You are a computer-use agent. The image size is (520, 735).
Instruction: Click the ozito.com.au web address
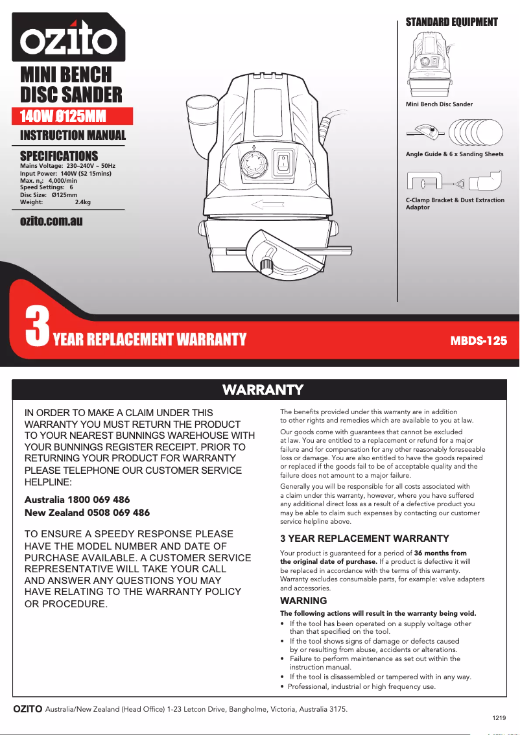click(51, 221)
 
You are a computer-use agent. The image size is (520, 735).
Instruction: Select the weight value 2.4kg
click(83, 203)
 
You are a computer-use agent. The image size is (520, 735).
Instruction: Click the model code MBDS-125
click(479, 340)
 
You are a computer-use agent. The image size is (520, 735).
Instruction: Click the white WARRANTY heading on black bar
click(263, 390)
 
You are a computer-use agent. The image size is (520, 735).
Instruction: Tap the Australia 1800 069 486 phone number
click(77, 500)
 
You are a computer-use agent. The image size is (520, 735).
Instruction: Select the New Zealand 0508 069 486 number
click(87, 513)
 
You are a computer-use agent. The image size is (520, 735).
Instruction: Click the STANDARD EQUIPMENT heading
click(451, 22)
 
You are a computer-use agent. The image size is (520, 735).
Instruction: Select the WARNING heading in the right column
click(303, 601)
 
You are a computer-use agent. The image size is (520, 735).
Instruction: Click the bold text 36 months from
click(440, 553)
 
